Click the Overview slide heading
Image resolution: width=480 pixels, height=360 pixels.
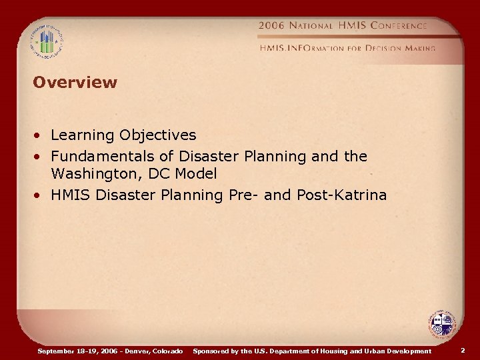75,83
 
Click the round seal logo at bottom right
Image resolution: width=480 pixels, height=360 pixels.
441,325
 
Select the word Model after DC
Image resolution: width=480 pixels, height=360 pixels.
195,174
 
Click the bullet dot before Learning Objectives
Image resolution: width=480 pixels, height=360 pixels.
40,136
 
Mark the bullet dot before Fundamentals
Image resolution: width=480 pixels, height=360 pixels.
40,157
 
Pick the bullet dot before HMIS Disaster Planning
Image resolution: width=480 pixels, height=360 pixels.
40,195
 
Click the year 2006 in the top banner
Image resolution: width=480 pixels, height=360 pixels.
271,25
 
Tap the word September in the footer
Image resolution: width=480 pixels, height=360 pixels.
58,351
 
